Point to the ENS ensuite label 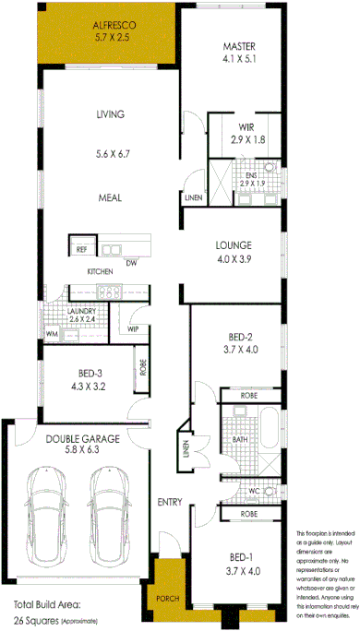249,174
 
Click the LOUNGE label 234,244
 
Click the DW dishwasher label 131,262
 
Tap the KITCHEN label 100,272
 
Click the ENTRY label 169,502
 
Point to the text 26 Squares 38,621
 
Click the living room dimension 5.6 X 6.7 110,155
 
